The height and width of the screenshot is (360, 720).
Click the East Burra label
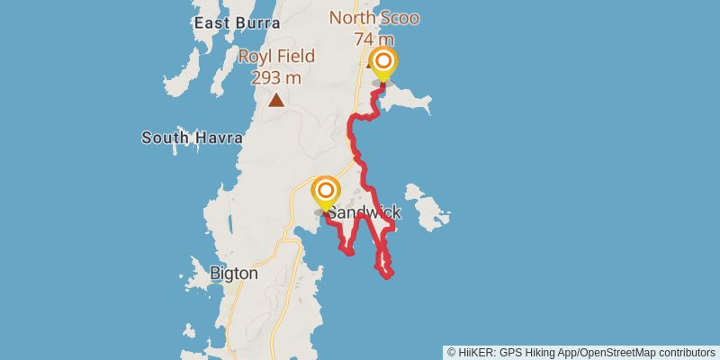(225, 22)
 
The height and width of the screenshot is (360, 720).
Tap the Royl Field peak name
(276, 57)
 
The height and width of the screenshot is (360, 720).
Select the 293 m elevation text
(276, 77)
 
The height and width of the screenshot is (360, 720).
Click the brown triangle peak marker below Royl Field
(276, 100)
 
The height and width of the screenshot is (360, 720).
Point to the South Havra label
(192, 138)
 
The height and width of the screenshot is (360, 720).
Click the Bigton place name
(233, 274)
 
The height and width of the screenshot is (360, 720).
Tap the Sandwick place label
(364, 213)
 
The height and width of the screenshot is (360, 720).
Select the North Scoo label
(374, 17)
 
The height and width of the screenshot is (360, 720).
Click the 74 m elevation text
(374, 39)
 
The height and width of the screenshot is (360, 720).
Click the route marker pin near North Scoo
(383, 63)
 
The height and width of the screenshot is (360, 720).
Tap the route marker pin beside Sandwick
(325, 193)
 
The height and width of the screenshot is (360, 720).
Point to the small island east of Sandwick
(427, 205)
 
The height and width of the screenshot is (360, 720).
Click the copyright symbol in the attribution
(452, 352)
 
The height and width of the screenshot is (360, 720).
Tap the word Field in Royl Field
(296, 57)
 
